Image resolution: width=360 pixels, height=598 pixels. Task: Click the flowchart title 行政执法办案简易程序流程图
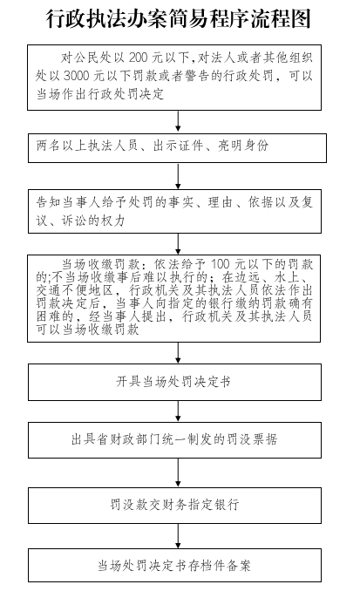coord(179,19)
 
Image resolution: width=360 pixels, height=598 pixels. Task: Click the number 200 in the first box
coord(139,58)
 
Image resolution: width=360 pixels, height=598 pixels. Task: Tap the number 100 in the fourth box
coord(221,264)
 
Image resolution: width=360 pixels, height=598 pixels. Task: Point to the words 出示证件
coord(178,146)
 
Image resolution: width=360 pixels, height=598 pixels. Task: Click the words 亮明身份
coord(243,146)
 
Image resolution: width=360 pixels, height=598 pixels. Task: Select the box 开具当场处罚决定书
coord(174,382)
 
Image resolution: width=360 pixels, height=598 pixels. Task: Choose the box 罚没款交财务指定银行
coord(174,505)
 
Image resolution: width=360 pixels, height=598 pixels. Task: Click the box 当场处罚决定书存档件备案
coord(174,565)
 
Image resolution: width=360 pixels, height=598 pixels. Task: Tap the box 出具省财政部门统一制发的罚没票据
coord(174,439)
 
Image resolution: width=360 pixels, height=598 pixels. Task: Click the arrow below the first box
coord(178,122)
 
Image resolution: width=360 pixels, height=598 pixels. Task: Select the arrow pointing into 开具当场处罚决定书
coord(178,353)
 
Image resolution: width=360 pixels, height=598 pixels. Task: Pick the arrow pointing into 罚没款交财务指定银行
coord(178,472)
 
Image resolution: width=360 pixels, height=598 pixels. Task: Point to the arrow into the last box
coord(178,536)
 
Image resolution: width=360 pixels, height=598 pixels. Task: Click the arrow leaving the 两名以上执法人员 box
coord(178,176)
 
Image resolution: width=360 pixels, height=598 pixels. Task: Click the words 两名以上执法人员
coord(87,146)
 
